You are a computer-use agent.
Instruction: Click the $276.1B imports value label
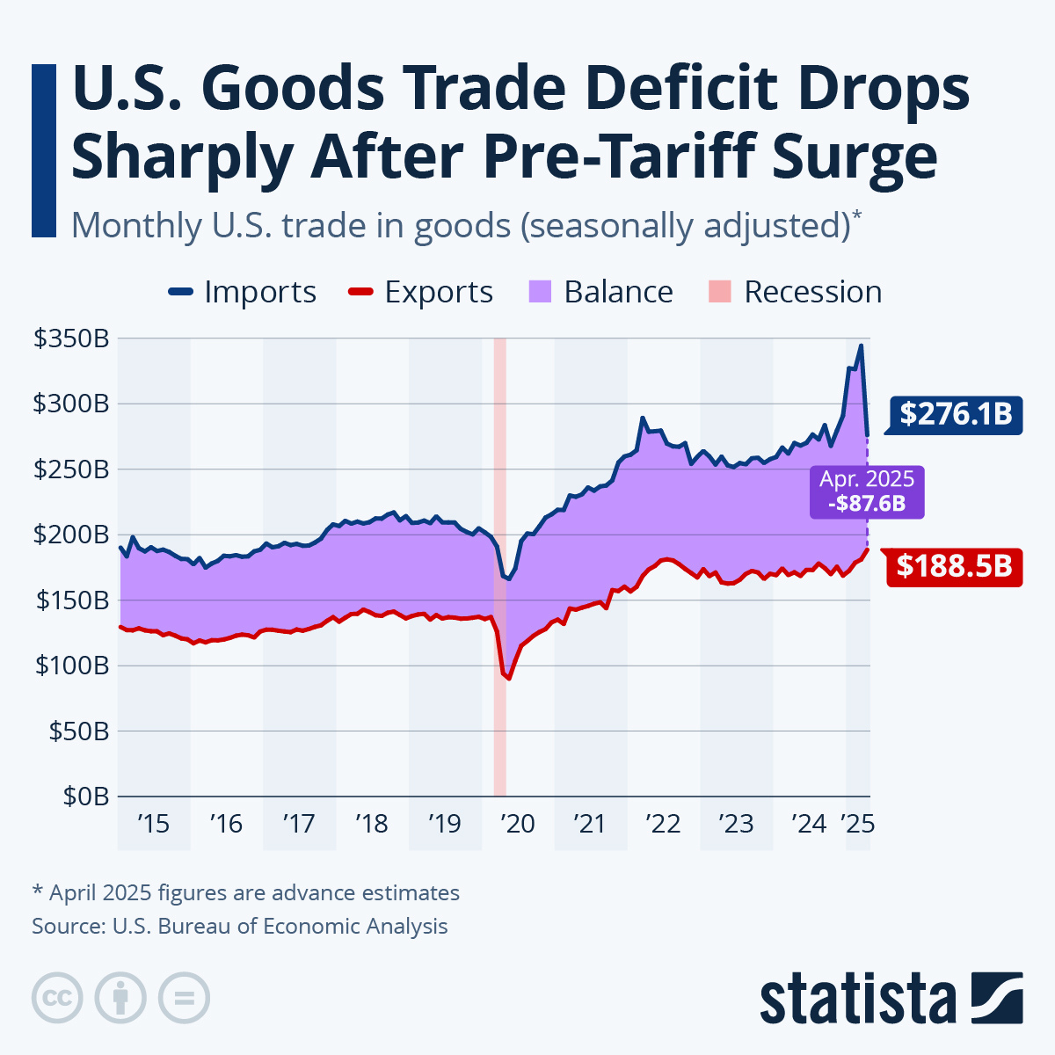click(956, 413)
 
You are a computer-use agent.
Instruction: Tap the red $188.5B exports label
click(956, 566)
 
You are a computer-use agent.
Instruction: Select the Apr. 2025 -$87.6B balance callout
click(867, 491)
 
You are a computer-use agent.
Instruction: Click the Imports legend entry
click(243, 292)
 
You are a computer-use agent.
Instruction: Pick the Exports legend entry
click(421, 292)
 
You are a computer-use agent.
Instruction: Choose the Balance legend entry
click(601, 292)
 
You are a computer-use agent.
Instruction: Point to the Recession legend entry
click(795, 292)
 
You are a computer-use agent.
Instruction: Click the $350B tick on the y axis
click(70, 338)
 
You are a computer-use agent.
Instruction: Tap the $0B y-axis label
click(85, 797)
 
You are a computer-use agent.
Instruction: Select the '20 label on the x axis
click(517, 824)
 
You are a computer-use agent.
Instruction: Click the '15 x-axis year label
click(152, 824)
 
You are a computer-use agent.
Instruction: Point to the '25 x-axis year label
click(856, 824)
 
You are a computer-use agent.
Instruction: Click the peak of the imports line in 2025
click(862, 346)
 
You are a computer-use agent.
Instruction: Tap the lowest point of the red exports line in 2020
click(508, 679)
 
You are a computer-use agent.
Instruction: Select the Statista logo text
click(858, 1000)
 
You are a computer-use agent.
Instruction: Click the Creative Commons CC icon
click(57, 998)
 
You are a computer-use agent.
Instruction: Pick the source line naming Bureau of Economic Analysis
click(240, 927)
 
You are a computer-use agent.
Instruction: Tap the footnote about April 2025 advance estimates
click(245, 893)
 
